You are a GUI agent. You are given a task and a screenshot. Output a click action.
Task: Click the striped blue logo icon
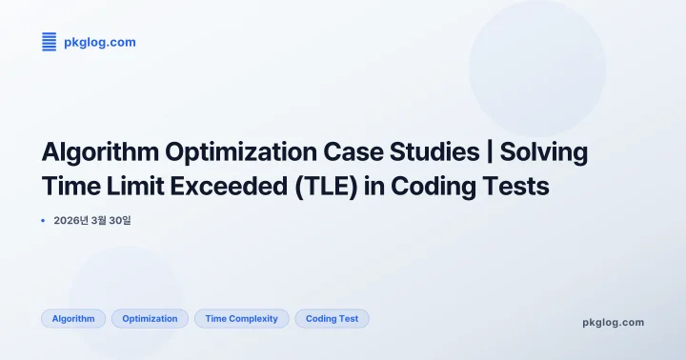coord(50,42)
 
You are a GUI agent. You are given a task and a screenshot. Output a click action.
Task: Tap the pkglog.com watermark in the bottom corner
coord(613,322)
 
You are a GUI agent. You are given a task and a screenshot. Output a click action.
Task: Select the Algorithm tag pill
coord(73,319)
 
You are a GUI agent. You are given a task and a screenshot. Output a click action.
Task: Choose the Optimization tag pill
coord(150,319)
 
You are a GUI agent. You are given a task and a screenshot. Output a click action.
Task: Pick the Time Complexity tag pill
coord(242,319)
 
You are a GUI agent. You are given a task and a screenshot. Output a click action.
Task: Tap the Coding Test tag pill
coord(332,319)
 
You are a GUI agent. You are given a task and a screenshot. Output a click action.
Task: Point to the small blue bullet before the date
coord(44,220)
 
